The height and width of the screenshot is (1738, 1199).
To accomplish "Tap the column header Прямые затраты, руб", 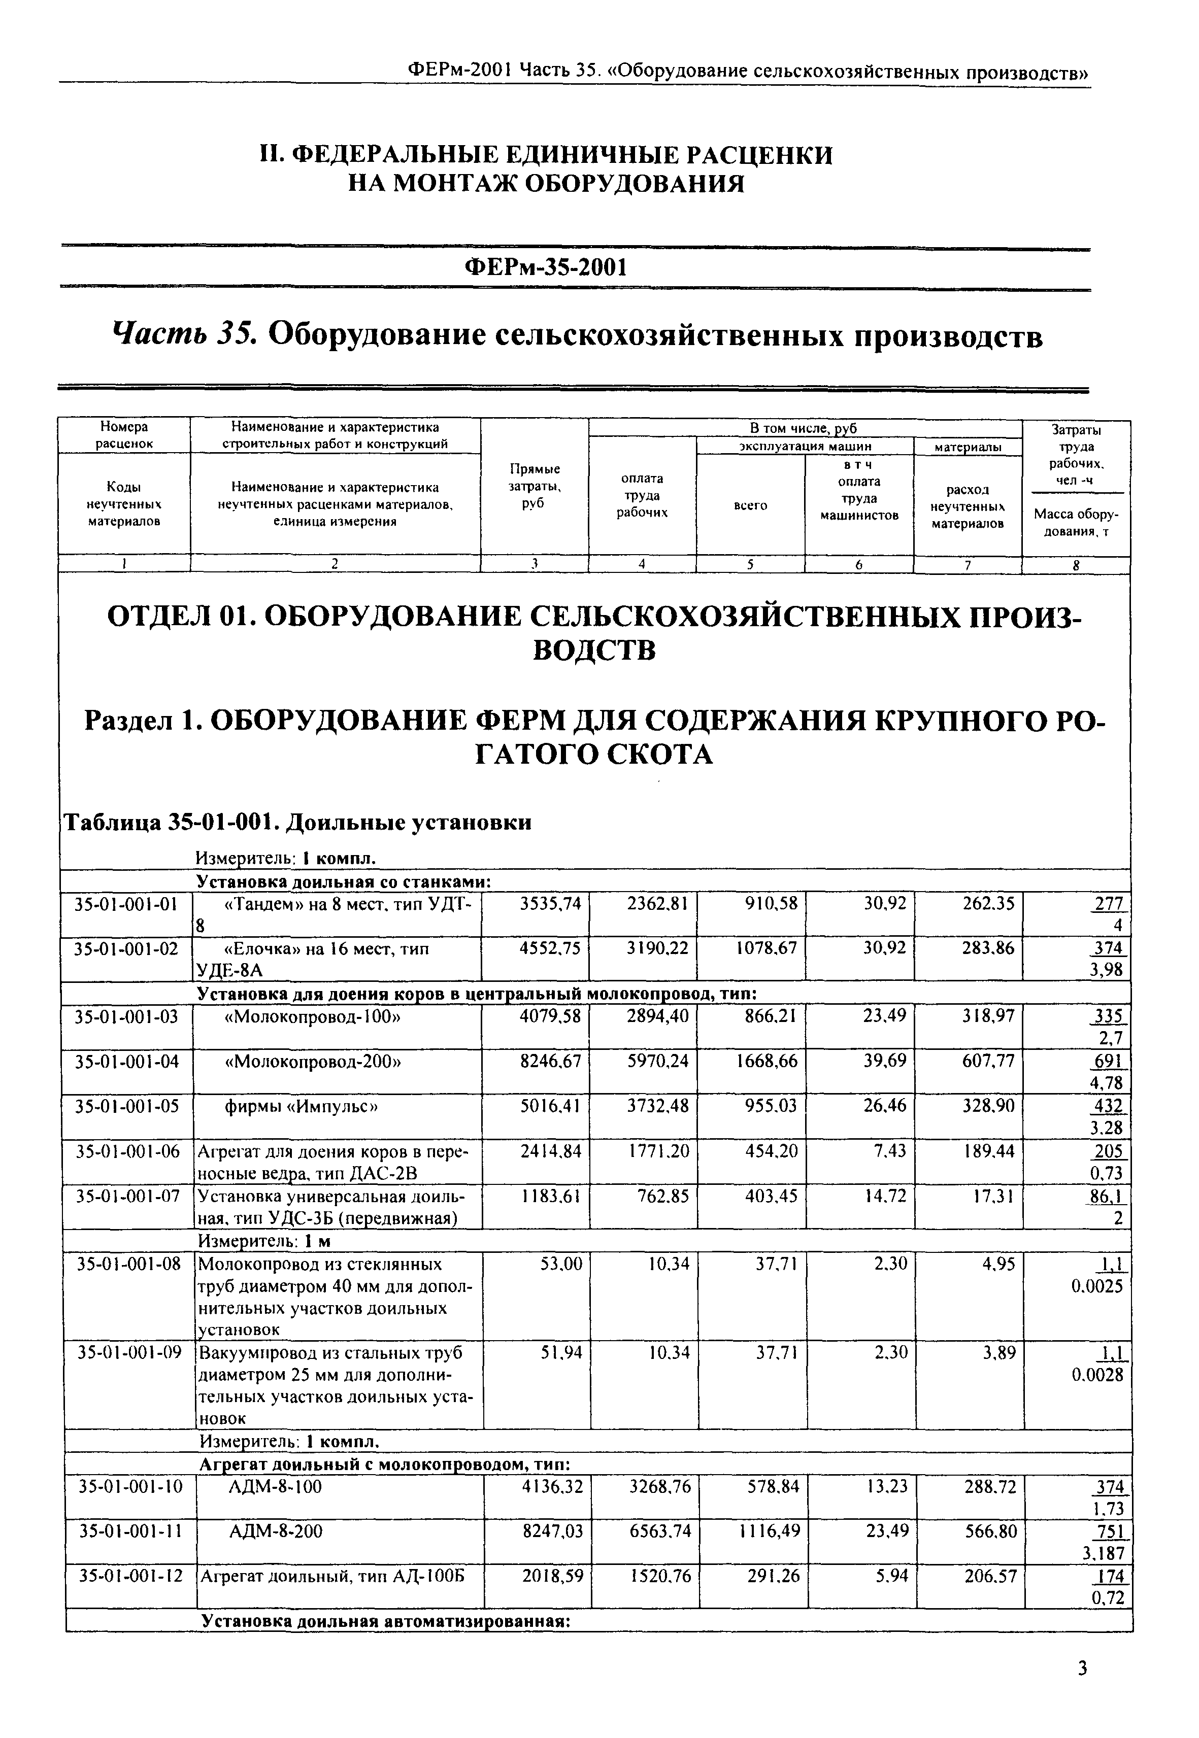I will tap(534, 486).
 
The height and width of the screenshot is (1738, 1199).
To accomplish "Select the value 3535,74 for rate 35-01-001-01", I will tap(551, 904).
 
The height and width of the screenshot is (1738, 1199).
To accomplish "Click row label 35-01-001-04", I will tap(127, 1061).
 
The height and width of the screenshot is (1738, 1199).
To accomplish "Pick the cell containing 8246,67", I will tap(551, 1061).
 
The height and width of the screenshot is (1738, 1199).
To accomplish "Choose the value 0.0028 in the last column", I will tap(1097, 1375).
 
